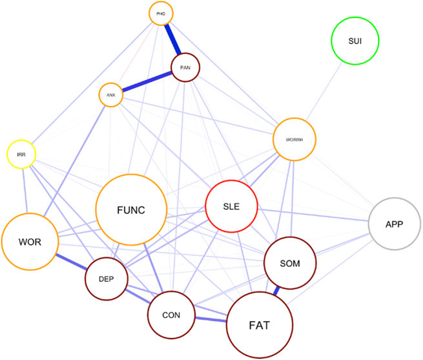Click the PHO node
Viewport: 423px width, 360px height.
tap(161, 13)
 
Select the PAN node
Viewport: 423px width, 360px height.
tap(185, 67)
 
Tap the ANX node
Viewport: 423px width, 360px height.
tap(110, 96)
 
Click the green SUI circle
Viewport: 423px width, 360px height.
tap(355, 41)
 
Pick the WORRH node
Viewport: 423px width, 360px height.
tap(294, 139)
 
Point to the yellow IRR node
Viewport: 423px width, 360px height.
tap(21, 154)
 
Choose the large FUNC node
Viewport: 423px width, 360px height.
tap(131, 209)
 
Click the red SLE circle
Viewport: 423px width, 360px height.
tap(231, 206)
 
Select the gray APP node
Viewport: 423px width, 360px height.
tap(395, 224)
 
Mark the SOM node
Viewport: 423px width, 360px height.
tap(291, 262)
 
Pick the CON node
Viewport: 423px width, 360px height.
tap(171, 315)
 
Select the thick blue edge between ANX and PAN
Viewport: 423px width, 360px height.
tap(147, 81)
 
